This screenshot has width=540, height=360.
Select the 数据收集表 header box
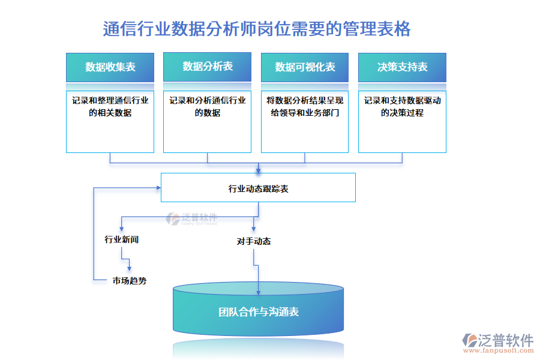[110, 67]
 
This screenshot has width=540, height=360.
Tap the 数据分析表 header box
[207, 67]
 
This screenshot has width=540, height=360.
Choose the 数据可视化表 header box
[305, 67]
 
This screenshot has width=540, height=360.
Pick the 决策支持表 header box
[402, 67]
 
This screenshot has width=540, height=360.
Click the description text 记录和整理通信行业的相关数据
[110, 106]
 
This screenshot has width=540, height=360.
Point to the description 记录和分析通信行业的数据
[207, 106]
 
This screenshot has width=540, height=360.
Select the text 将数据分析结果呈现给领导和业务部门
[305, 106]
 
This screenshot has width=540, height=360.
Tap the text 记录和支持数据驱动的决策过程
[402, 106]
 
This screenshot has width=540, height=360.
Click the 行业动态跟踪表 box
[258, 188]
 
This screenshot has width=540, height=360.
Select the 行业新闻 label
[122, 239]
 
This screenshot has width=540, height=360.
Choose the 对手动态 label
[253, 241]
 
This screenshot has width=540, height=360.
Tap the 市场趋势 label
[129, 280]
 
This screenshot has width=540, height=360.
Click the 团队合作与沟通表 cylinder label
[258, 312]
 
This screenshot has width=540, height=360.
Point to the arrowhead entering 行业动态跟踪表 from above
[259, 170]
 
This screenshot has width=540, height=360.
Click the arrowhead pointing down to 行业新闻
[122, 229]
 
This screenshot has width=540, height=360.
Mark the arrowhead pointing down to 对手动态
[253, 230]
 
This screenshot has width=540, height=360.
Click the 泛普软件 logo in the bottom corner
[497, 342]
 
